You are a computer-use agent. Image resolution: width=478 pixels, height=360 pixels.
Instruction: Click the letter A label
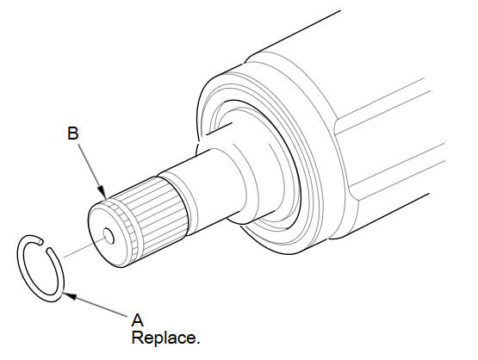pyautogui.click(x=138, y=320)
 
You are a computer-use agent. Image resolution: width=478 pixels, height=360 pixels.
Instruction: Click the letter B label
pyautogui.click(x=73, y=133)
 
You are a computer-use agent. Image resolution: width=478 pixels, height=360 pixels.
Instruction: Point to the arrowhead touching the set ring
pyautogui.click(x=68, y=295)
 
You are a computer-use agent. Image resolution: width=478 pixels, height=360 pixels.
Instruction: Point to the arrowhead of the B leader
pyautogui.click(x=102, y=191)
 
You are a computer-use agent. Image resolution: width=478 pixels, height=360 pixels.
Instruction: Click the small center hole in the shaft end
pyautogui.click(x=109, y=236)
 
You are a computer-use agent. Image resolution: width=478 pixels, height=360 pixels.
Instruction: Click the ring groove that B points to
pyautogui.click(x=126, y=226)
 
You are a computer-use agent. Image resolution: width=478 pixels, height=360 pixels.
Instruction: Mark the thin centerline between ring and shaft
pyautogui.click(x=84, y=248)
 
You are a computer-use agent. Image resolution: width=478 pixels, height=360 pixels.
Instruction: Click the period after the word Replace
pyautogui.click(x=197, y=343)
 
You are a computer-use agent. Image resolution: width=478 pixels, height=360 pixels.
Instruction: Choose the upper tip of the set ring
pyautogui.click(x=40, y=241)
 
